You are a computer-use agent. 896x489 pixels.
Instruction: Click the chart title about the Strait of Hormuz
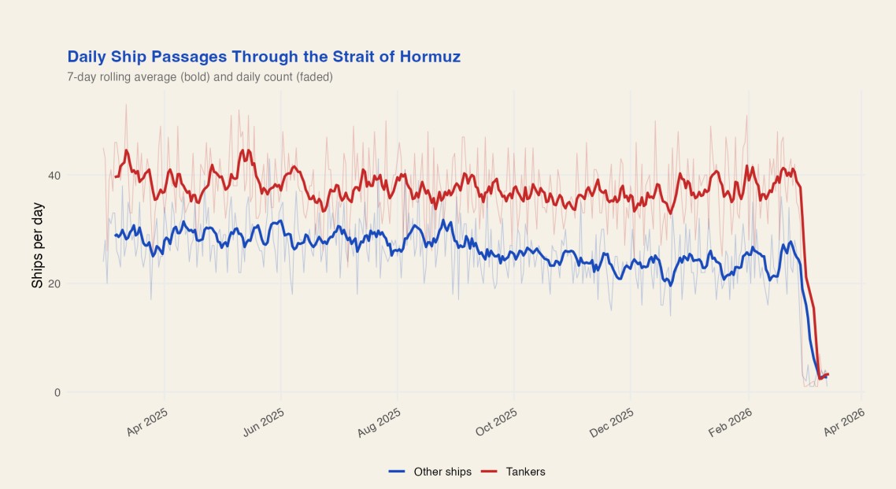tap(264, 57)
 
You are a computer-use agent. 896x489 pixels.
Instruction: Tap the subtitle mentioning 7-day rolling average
tap(200, 77)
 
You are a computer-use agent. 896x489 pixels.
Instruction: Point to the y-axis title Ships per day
tap(38, 245)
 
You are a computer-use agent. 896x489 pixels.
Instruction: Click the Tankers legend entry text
tap(525, 472)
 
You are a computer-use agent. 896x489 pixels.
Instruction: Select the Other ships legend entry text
tap(442, 472)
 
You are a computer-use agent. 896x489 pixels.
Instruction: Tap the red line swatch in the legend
tap(490, 472)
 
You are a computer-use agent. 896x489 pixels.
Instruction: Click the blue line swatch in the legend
tap(398, 472)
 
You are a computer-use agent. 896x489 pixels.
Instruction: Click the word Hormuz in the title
tap(429, 57)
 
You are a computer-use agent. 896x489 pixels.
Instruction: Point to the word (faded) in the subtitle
tap(314, 77)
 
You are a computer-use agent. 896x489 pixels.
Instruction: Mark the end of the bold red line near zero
tap(828, 375)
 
